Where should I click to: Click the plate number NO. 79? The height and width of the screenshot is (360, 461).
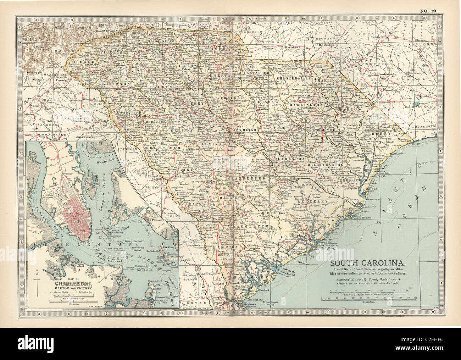429,11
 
